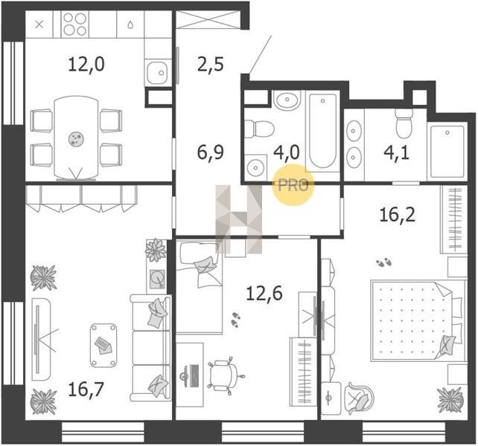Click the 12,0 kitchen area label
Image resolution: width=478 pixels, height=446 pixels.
(x=86, y=64)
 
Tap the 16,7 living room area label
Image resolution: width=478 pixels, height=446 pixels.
(x=86, y=390)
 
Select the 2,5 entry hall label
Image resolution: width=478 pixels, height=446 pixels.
(x=211, y=64)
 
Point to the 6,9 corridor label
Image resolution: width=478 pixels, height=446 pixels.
(x=211, y=152)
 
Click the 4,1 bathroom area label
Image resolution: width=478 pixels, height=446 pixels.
(x=397, y=152)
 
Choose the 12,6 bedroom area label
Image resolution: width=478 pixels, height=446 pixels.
(x=264, y=294)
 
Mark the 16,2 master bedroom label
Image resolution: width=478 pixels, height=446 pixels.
(x=397, y=215)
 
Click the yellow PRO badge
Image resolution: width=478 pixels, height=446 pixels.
(x=293, y=185)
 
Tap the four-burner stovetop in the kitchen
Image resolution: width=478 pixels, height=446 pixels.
(x=75, y=25)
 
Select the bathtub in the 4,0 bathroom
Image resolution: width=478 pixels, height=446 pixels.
(x=323, y=132)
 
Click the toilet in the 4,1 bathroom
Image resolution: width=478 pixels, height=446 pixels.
(x=404, y=123)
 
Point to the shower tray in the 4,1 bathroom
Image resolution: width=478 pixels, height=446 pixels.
(x=447, y=152)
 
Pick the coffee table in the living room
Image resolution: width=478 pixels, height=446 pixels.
(x=103, y=345)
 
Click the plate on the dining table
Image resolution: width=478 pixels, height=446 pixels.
(x=76, y=139)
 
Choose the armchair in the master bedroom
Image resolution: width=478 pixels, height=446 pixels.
(x=359, y=398)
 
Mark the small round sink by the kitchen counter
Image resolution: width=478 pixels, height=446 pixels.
(x=157, y=72)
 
